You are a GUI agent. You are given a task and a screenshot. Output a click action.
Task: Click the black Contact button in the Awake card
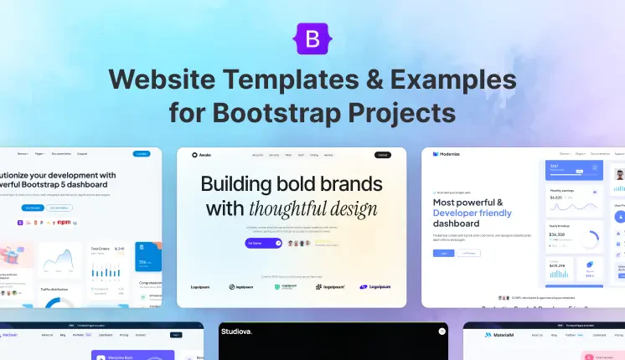pos(382,155)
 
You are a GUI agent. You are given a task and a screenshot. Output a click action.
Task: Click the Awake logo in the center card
pos(202,155)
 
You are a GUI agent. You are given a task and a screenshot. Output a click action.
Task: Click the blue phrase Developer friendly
pos(474,213)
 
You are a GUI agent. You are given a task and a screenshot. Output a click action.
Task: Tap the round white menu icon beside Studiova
pos(442,332)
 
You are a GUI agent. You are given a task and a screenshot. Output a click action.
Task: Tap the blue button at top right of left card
pos(142,154)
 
